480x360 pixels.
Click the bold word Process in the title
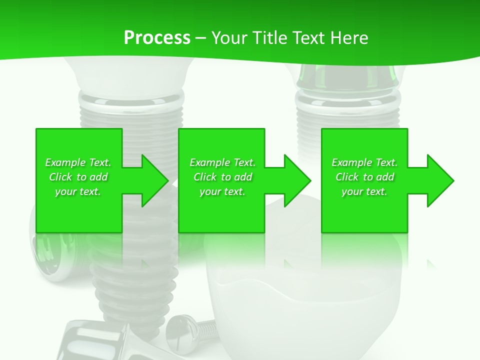tap(157, 38)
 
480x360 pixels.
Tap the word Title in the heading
tap(270, 38)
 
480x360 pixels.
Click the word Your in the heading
tap(229, 38)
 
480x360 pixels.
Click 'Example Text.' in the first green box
tap(78, 162)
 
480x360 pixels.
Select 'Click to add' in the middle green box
tap(222, 177)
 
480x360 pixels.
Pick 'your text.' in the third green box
tap(364, 191)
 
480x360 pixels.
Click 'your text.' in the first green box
tap(78, 191)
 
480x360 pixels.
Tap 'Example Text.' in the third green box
tap(364, 162)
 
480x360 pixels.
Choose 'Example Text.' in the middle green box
tap(222, 162)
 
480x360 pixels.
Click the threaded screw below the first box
tap(135, 280)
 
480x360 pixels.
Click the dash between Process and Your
tap(200, 38)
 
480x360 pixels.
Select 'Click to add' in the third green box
tap(364, 177)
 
